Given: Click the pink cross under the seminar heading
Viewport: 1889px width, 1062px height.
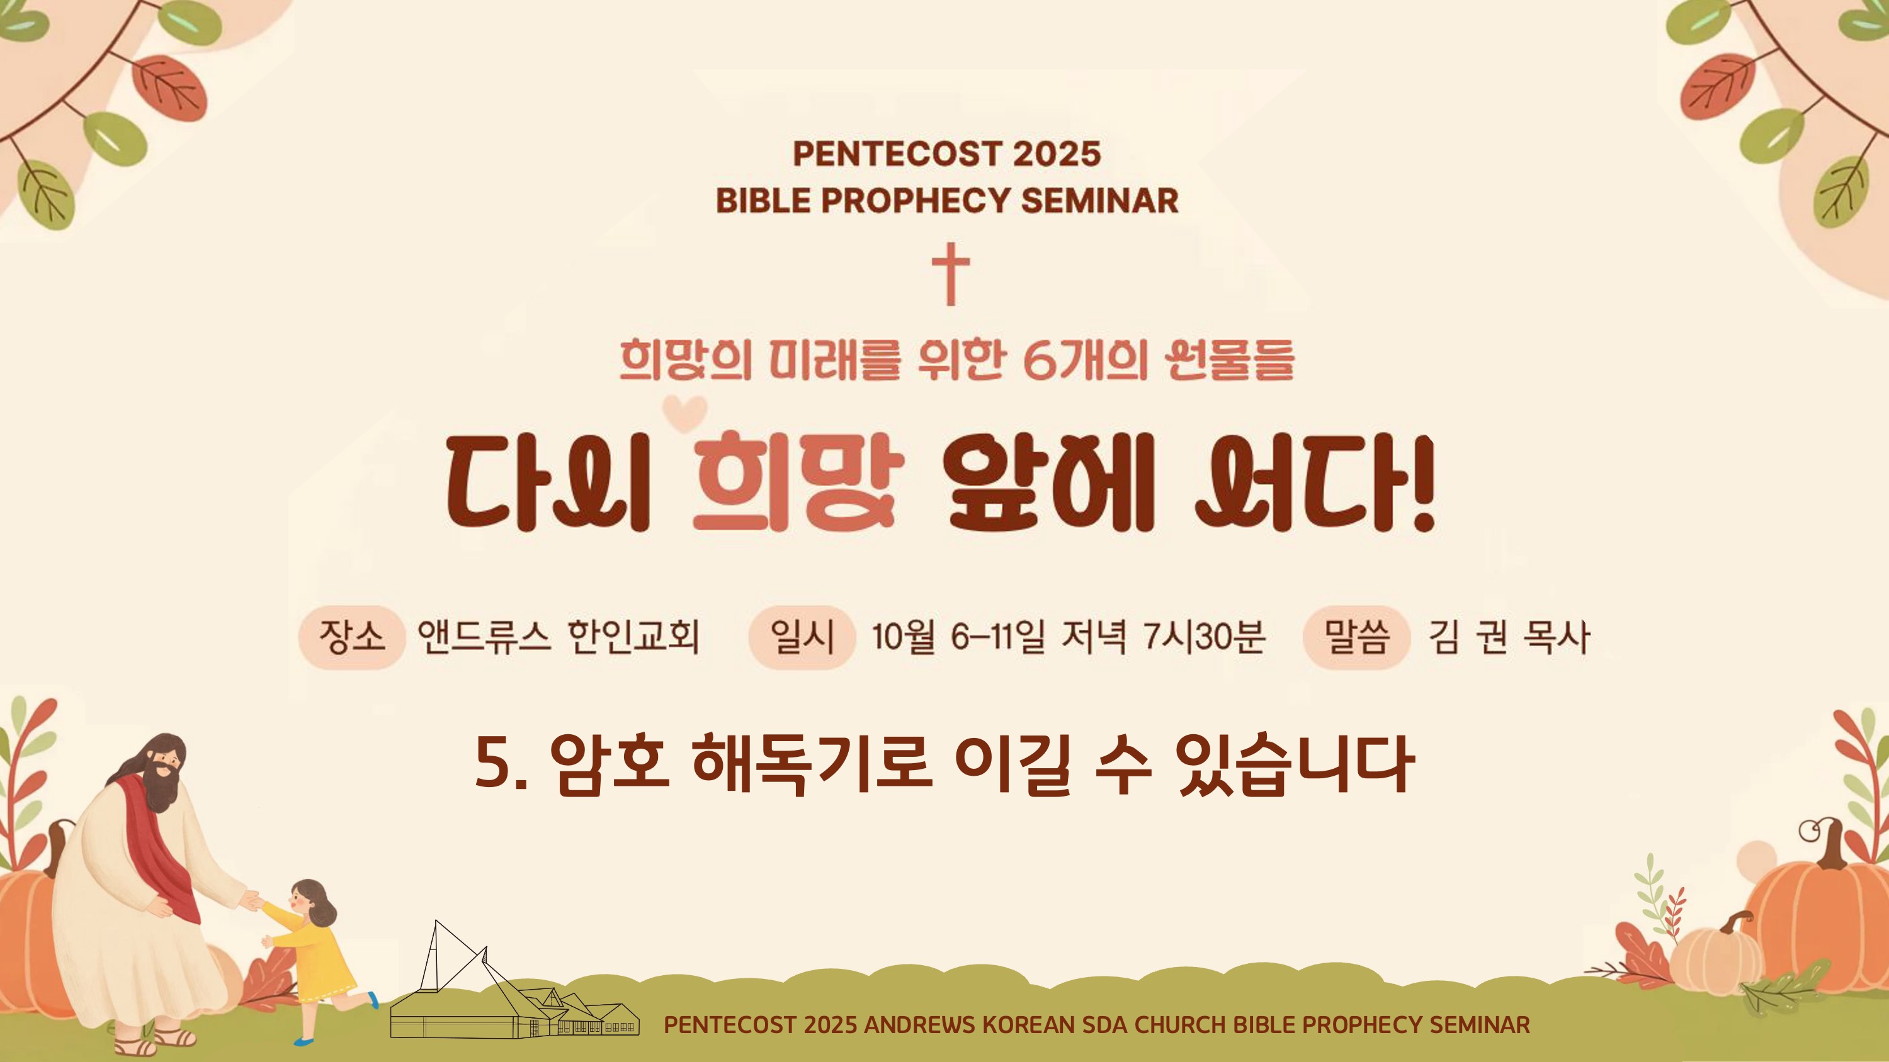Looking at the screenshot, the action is point(951,274).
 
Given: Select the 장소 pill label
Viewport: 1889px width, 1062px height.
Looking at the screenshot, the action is point(352,637).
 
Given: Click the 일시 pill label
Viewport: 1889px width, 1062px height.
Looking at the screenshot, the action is point(802,637).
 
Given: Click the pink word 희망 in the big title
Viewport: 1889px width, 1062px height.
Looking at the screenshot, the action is point(798,481).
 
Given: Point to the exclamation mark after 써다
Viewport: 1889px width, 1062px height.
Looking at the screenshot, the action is point(1423,483).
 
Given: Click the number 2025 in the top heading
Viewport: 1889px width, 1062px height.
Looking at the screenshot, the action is point(1057,154).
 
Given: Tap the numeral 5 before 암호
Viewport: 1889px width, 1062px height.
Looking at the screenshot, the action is point(493,763).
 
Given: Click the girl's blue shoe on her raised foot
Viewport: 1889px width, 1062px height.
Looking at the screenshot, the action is point(373,1000).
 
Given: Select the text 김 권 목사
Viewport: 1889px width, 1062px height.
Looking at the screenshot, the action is point(1509,637).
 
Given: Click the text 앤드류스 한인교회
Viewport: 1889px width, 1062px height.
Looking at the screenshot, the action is point(559,637).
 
